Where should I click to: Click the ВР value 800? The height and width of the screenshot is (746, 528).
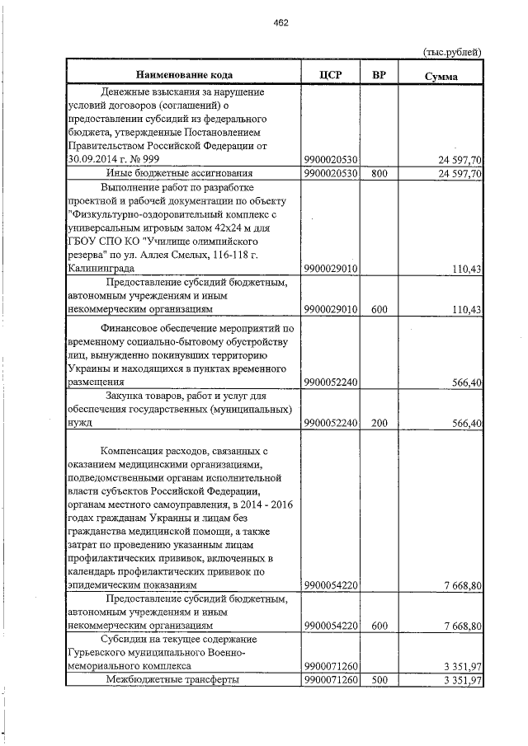(x=379, y=173)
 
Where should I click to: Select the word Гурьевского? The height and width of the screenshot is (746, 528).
(x=94, y=651)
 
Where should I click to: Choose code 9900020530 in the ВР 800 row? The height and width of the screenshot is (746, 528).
(x=330, y=173)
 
